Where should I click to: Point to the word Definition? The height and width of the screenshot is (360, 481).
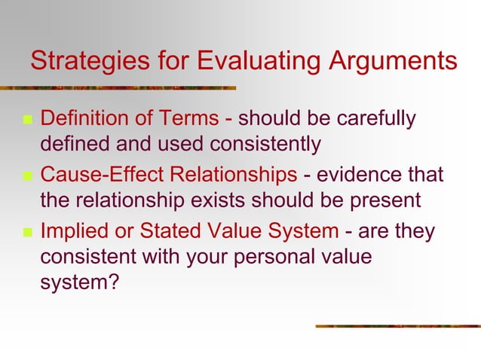pos(82,119)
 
